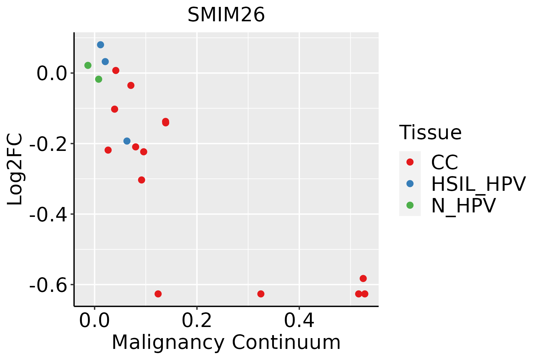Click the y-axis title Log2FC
15,169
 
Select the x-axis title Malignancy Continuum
226,343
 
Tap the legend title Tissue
430,133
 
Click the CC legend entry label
444,162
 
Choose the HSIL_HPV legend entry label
478,184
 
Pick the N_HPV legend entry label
463,205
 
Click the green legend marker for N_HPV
410,205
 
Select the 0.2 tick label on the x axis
197,321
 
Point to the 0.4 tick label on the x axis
299,321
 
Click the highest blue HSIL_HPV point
100,45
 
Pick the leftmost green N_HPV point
88,65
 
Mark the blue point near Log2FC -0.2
127,141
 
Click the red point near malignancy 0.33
261,294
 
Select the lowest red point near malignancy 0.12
158,294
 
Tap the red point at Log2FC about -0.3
142,180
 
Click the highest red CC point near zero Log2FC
116,70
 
